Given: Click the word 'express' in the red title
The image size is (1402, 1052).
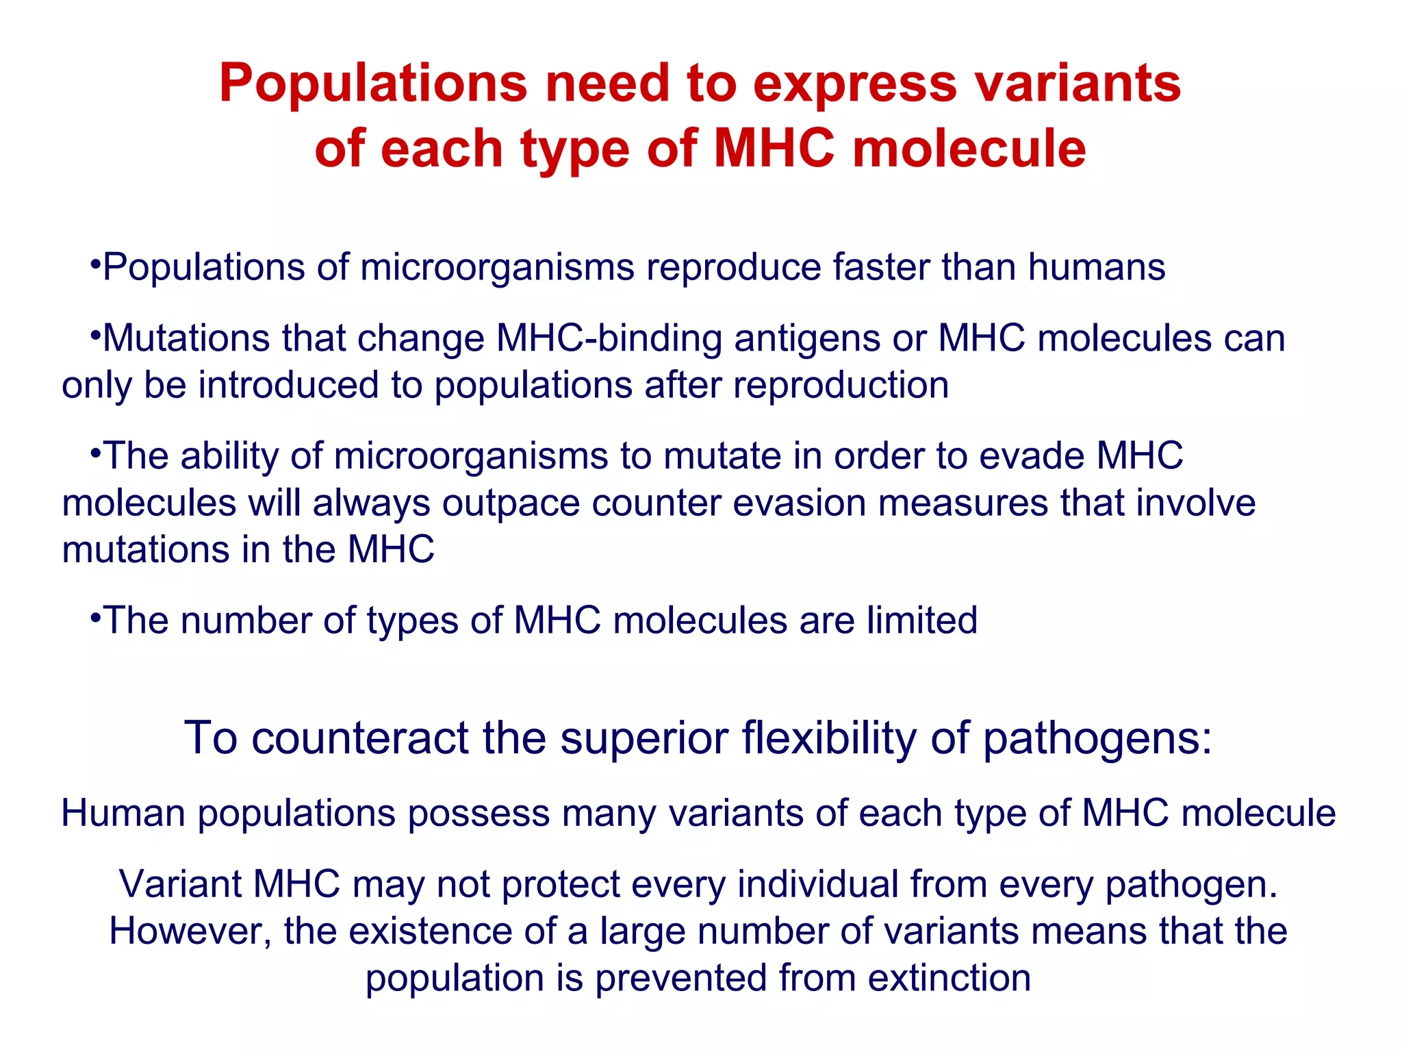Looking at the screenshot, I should tap(854, 85).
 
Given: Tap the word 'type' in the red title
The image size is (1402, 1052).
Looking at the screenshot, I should tap(574, 150).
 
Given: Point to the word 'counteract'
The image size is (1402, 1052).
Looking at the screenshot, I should tap(360, 738).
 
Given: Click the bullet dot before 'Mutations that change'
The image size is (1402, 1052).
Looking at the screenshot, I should tap(95, 336).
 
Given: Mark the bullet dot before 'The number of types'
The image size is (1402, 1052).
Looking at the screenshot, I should tap(95, 618).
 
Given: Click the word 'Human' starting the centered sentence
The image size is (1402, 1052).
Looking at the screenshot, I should tap(123, 814).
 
